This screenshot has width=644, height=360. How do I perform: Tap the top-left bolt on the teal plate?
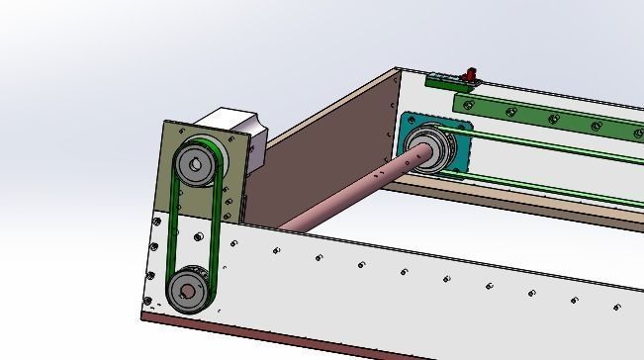point(408,120)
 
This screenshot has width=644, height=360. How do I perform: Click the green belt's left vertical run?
point(171,226)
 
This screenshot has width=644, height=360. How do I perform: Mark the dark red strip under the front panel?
point(297,337)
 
